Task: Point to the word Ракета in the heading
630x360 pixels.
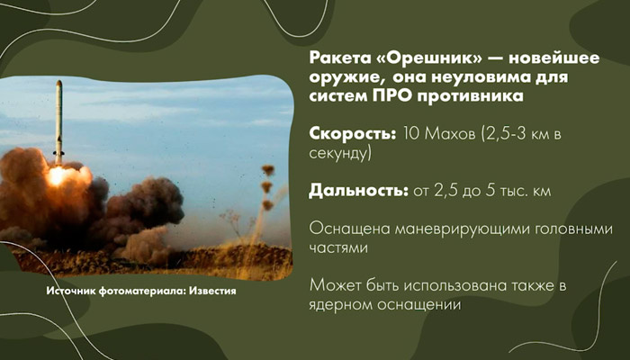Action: [336, 56]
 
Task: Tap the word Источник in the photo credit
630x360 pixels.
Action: [73, 293]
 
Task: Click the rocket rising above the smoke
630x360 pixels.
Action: [58, 117]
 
